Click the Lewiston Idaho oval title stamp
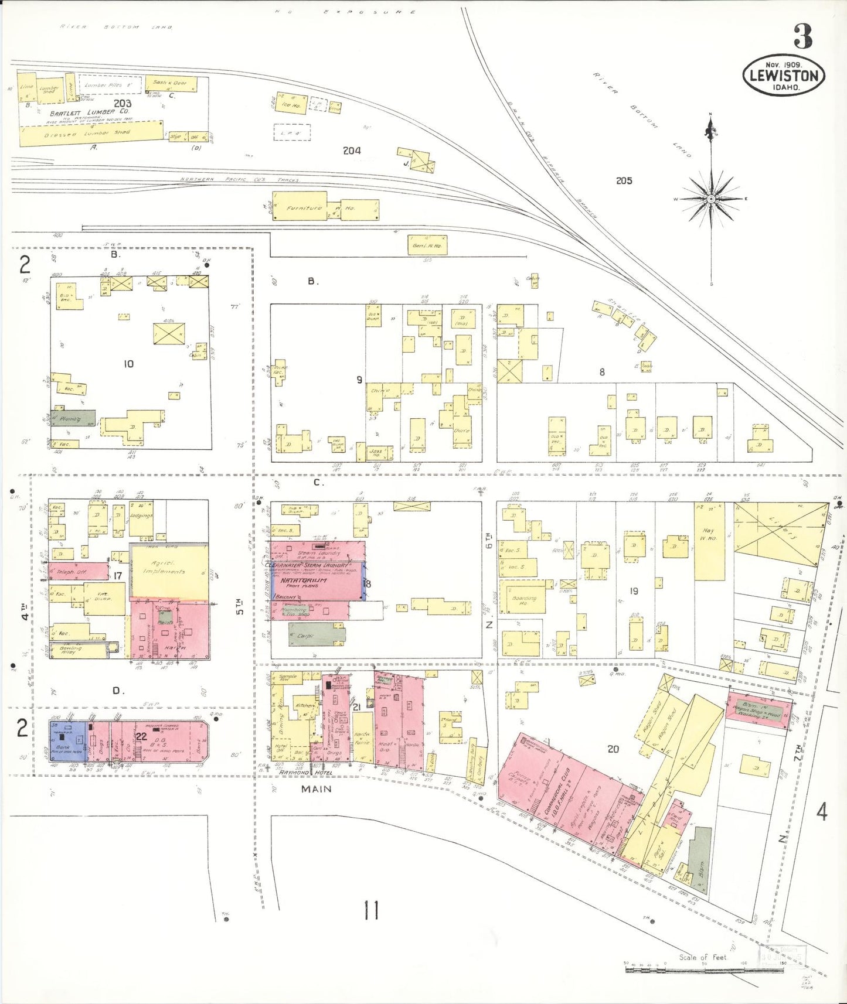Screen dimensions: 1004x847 tap(784, 76)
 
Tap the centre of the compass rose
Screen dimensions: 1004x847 tap(710, 199)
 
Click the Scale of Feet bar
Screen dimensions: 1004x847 tap(703, 969)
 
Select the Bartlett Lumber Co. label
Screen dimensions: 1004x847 tap(90, 112)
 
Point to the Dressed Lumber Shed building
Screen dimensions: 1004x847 tap(91, 134)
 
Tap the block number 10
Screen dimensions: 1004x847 tap(128, 364)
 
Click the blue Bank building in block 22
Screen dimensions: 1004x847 tap(67, 741)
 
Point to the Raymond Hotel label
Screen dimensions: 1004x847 tap(305, 773)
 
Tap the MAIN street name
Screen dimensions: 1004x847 tap(317, 789)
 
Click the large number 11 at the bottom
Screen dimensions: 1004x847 tap(371, 911)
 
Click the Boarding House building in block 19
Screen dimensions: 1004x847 tap(523, 599)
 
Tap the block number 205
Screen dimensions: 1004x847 tap(624, 180)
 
